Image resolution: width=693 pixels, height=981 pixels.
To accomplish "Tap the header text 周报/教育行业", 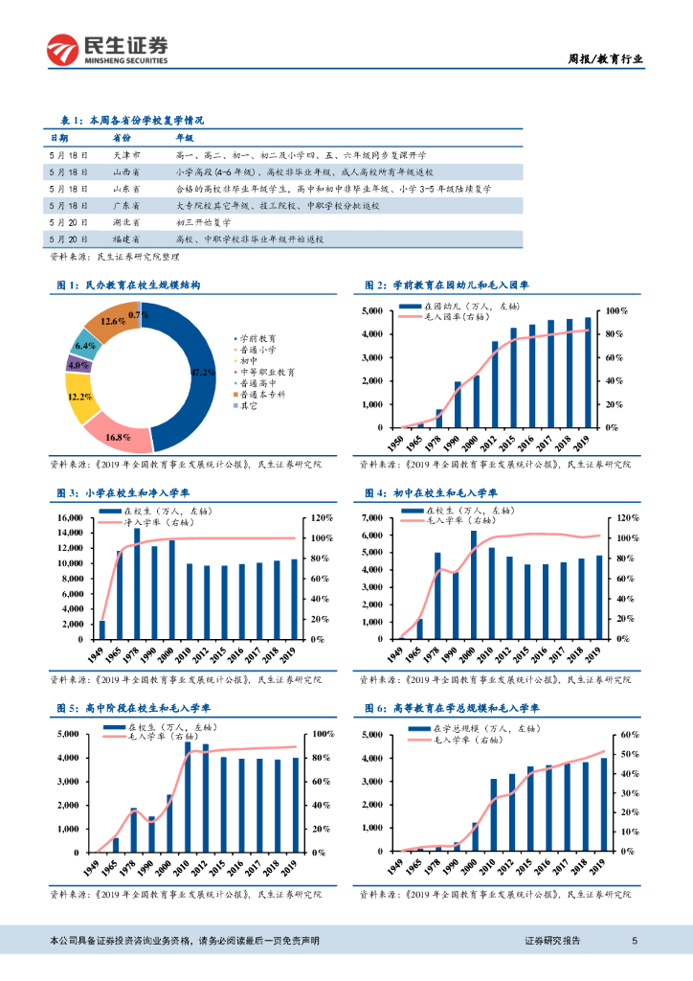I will coord(600,58).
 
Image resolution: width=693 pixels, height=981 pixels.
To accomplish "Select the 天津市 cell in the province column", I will coord(126,153).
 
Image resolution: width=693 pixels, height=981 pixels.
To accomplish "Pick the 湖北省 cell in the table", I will coord(126,221).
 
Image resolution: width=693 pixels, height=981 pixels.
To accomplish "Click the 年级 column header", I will coord(185,138).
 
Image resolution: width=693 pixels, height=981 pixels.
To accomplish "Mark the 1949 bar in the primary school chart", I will coord(102,629).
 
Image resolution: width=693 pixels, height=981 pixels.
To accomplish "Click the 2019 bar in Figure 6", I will coord(604,804).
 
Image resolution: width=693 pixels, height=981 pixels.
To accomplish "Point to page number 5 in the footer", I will coord(634,941).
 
